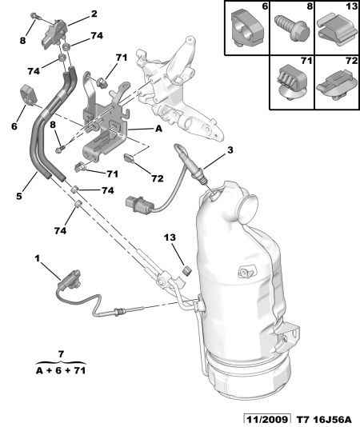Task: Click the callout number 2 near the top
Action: (x=94, y=14)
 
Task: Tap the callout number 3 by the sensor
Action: (x=230, y=150)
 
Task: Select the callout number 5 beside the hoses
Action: (x=19, y=196)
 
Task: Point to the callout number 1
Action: (x=38, y=258)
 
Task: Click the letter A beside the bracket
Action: (x=158, y=129)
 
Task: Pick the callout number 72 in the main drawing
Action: (x=158, y=178)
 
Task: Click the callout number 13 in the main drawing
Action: (x=170, y=237)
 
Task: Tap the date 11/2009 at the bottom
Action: (x=266, y=419)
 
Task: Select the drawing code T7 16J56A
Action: (x=324, y=419)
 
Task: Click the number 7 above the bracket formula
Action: (x=61, y=354)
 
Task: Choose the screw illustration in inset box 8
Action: (x=292, y=28)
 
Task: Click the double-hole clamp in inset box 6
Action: (x=246, y=28)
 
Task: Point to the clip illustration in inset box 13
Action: (x=338, y=31)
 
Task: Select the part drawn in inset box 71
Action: (x=291, y=81)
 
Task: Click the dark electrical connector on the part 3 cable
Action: (x=139, y=205)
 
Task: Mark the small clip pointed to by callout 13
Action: (x=187, y=270)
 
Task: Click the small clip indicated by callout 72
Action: (x=128, y=158)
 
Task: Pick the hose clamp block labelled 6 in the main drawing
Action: (x=28, y=94)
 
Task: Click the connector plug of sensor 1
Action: (x=69, y=278)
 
